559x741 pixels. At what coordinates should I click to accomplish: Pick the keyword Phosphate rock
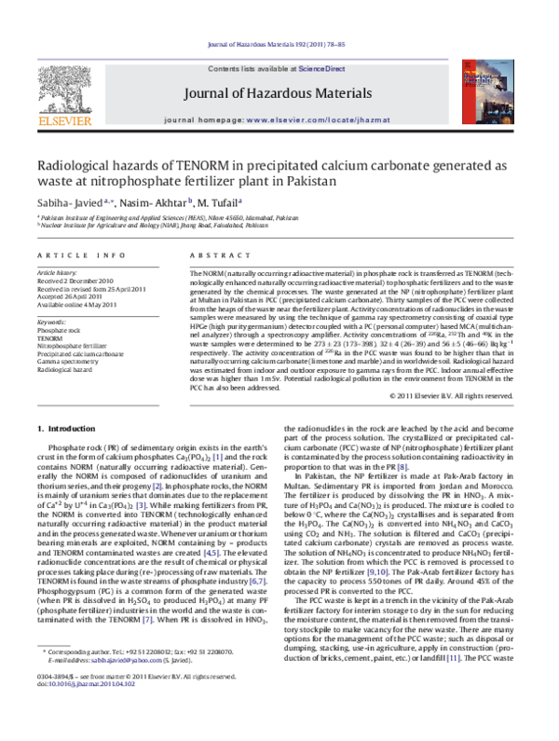(x=58, y=331)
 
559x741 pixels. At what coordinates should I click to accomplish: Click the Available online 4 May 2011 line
(x=81, y=301)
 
